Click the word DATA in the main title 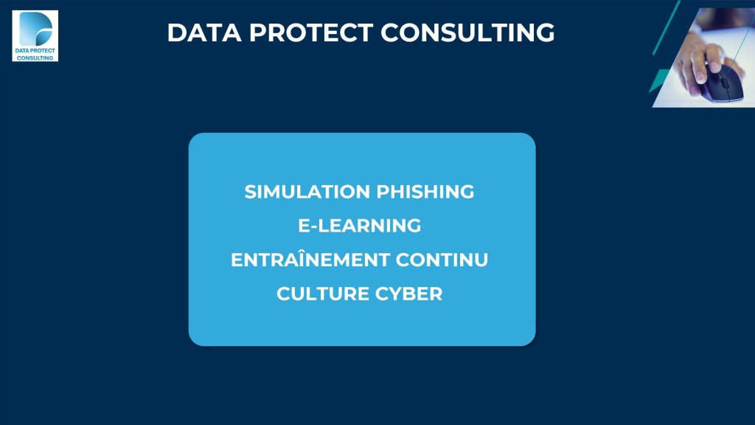tap(204, 32)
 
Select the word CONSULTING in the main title tap(467, 32)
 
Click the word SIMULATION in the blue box tap(307, 192)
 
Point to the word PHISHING tap(425, 192)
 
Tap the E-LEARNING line tap(360, 226)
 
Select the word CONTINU tap(442, 260)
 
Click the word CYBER tap(408, 294)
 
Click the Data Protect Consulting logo tap(35, 36)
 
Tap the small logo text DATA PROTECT tap(35, 51)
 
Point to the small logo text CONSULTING tap(35, 58)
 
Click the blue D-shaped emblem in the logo tap(35, 29)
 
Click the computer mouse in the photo tap(722, 83)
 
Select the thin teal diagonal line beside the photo tap(667, 27)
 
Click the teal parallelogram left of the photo tap(658, 80)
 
